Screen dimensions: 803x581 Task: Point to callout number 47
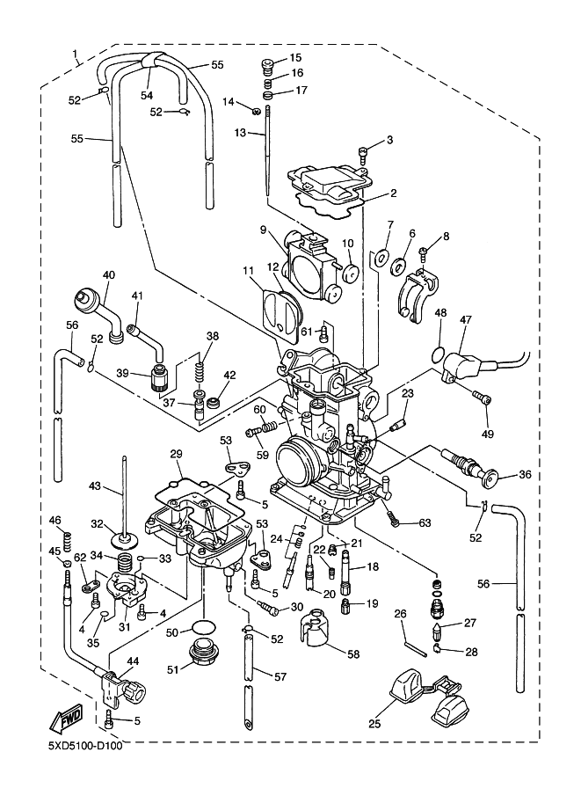[465, 322]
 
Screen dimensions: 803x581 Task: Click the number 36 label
[525, 475]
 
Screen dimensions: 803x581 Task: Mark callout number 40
[108, 274]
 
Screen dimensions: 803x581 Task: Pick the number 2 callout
[394, 193]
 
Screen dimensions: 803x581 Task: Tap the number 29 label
[176, 453]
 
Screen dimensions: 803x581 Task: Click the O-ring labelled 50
[204, 627]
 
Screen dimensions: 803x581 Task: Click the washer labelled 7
[380, 258]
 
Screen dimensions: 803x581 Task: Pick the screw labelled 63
[396, 521]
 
